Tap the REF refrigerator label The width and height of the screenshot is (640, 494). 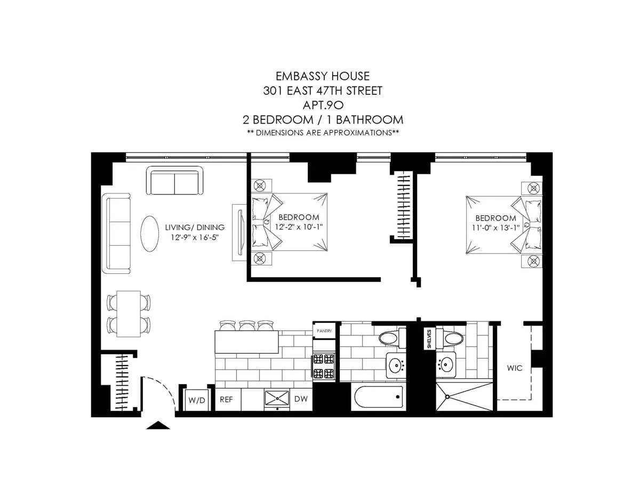tap(226, 399)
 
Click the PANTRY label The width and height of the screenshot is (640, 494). tap(324, 331)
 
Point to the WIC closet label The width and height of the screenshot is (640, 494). tap(515, 368)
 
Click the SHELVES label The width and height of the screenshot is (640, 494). tap(429, 339)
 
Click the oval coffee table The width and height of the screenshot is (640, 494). tap(150, 233)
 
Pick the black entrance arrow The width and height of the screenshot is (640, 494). tap(158, 425)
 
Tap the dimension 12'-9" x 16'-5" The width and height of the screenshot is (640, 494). tap(194, 237)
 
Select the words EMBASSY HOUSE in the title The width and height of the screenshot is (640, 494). tap(322, 76)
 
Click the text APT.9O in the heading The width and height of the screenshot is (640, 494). tap(322, 105)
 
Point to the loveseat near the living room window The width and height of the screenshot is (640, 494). tap(174, 181)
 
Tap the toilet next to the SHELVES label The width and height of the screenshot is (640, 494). tap(449, 337)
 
